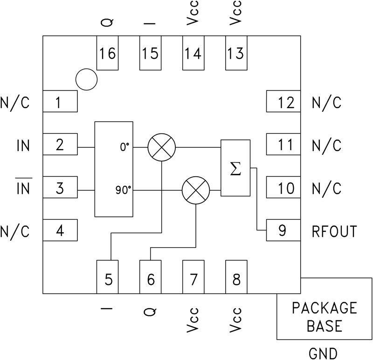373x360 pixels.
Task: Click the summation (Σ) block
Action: click(235, 167)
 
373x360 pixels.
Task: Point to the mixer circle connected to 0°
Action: click(161, 147)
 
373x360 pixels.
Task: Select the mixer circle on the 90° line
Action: click(195, 190)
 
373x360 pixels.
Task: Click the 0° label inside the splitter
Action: click(124, 147)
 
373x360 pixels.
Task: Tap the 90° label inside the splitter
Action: click(123, 190)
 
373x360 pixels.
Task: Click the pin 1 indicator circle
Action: click(86, 79)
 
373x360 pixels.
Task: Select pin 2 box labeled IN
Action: click(60, 145)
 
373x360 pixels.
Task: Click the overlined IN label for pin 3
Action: click(23, 189)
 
